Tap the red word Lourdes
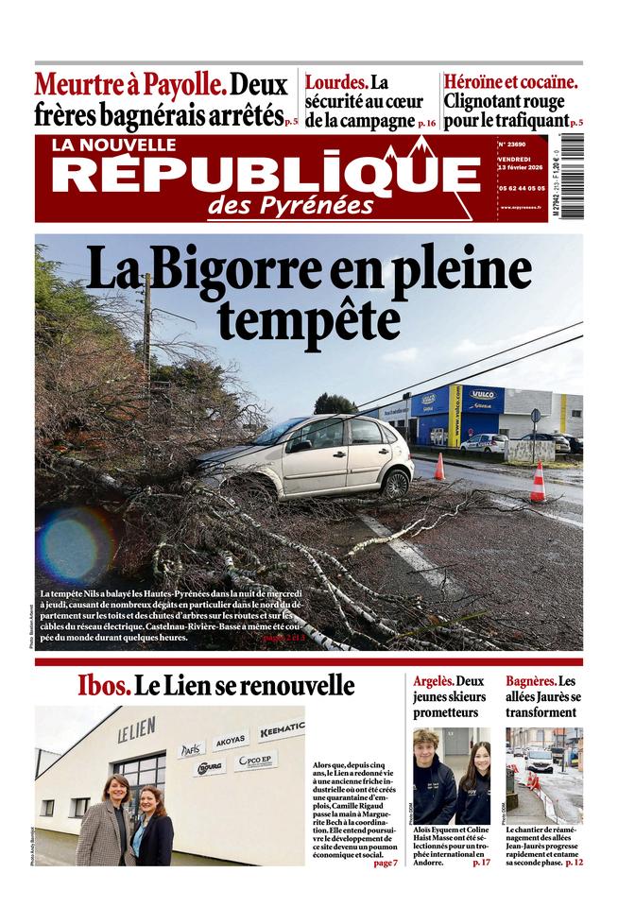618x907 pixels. click(x=335, y=83)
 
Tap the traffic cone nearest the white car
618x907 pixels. click(x=439, y=467)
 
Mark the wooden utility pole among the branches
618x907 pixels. click(x=147, y=331)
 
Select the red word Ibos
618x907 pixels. click(x=103, y=686)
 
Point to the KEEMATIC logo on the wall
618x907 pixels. click(x=282, y=728)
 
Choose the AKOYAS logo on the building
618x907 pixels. click(x=231, y=741)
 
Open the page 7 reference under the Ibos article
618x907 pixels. click(x=385, y=863)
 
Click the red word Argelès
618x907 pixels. click(x=434, y=681)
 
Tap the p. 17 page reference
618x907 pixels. click(x=481, y=863)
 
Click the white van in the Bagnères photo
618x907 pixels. click(x=541, y=761)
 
